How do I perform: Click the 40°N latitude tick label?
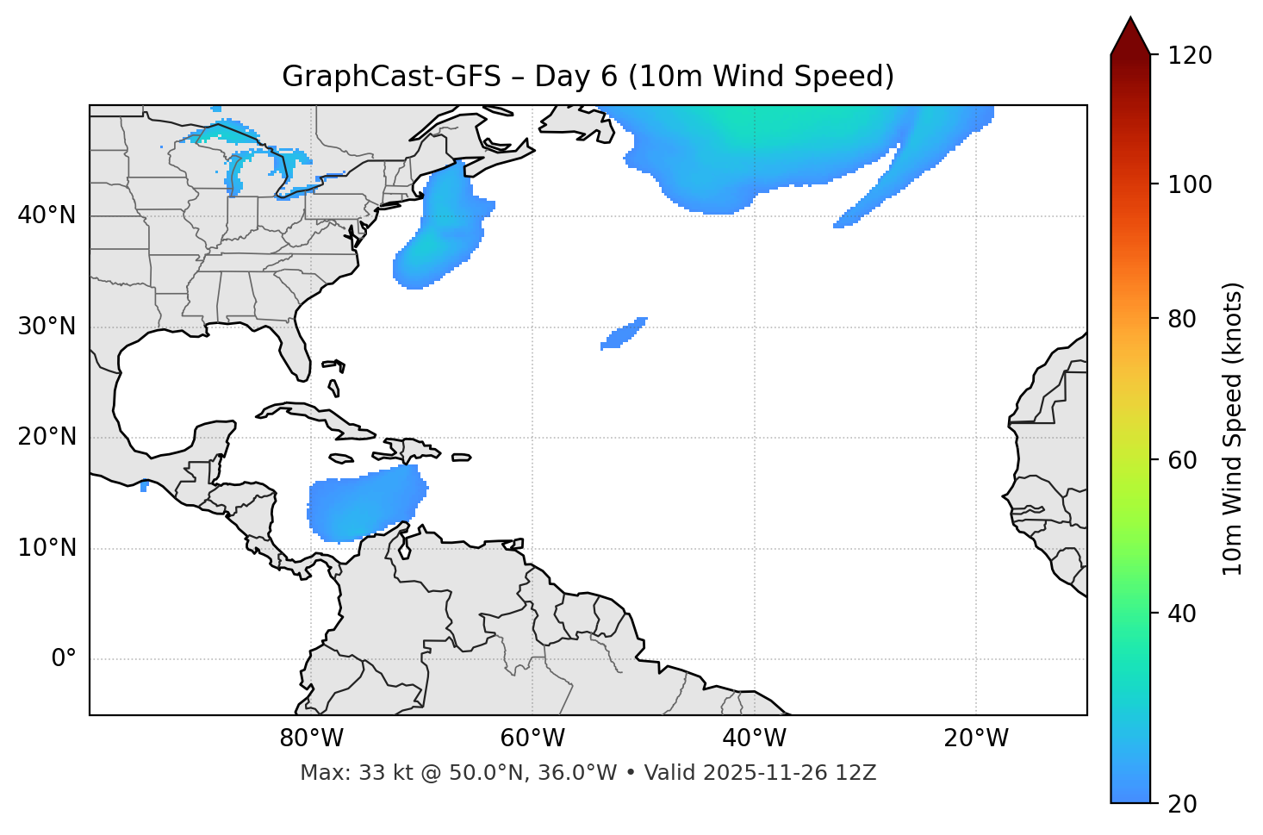point(47,215)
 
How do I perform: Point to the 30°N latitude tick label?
point(47,327)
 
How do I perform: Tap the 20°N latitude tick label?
point(47,437)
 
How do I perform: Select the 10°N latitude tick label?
point(47,548)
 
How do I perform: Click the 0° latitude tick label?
point(64,659)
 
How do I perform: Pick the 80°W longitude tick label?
point(311,738)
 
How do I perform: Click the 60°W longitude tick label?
point(532,738)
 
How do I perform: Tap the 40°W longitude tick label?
point(754,738)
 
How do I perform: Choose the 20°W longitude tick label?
point(976,738)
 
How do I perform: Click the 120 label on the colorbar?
point(1189,56)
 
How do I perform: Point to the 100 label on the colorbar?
point(1189,185)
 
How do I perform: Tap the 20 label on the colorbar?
point(1182,804)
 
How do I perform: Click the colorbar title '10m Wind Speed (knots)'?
point(1233,428)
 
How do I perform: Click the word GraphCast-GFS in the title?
point(391,77)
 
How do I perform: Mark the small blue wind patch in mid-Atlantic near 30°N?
point(624,333)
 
